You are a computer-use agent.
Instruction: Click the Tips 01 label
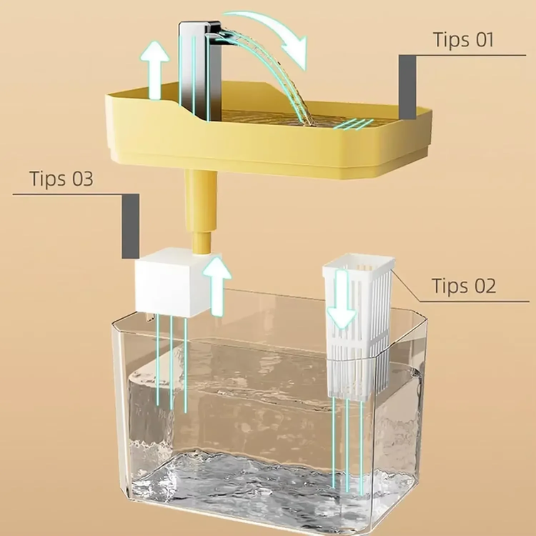point(464,39)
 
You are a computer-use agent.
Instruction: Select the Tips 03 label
point(61,178)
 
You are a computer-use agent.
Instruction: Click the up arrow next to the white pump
point(217,285)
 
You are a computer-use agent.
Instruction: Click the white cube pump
point(166,284)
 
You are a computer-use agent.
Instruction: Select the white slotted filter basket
point(357,329)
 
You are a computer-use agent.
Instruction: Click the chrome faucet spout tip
point(214,31)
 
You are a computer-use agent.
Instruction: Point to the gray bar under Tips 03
point(130,226)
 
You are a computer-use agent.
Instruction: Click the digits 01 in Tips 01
point(483,39)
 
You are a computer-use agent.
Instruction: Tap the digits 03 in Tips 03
point(81,178)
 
